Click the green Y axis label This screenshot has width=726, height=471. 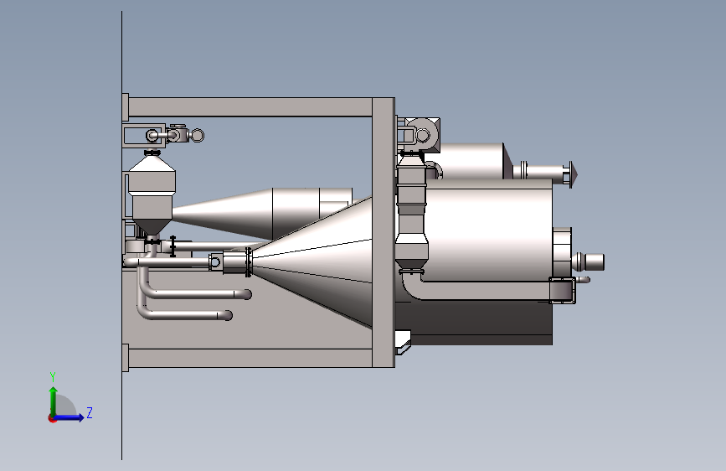point(53,377)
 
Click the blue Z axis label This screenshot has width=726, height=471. point(90,412)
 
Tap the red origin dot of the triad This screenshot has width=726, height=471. point(52,418)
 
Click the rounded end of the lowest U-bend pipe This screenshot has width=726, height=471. point(227,315)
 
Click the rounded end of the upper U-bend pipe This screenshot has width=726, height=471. point(246,294)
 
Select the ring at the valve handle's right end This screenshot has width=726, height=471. point(198,136)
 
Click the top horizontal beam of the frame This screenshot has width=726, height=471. point(250,107)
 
